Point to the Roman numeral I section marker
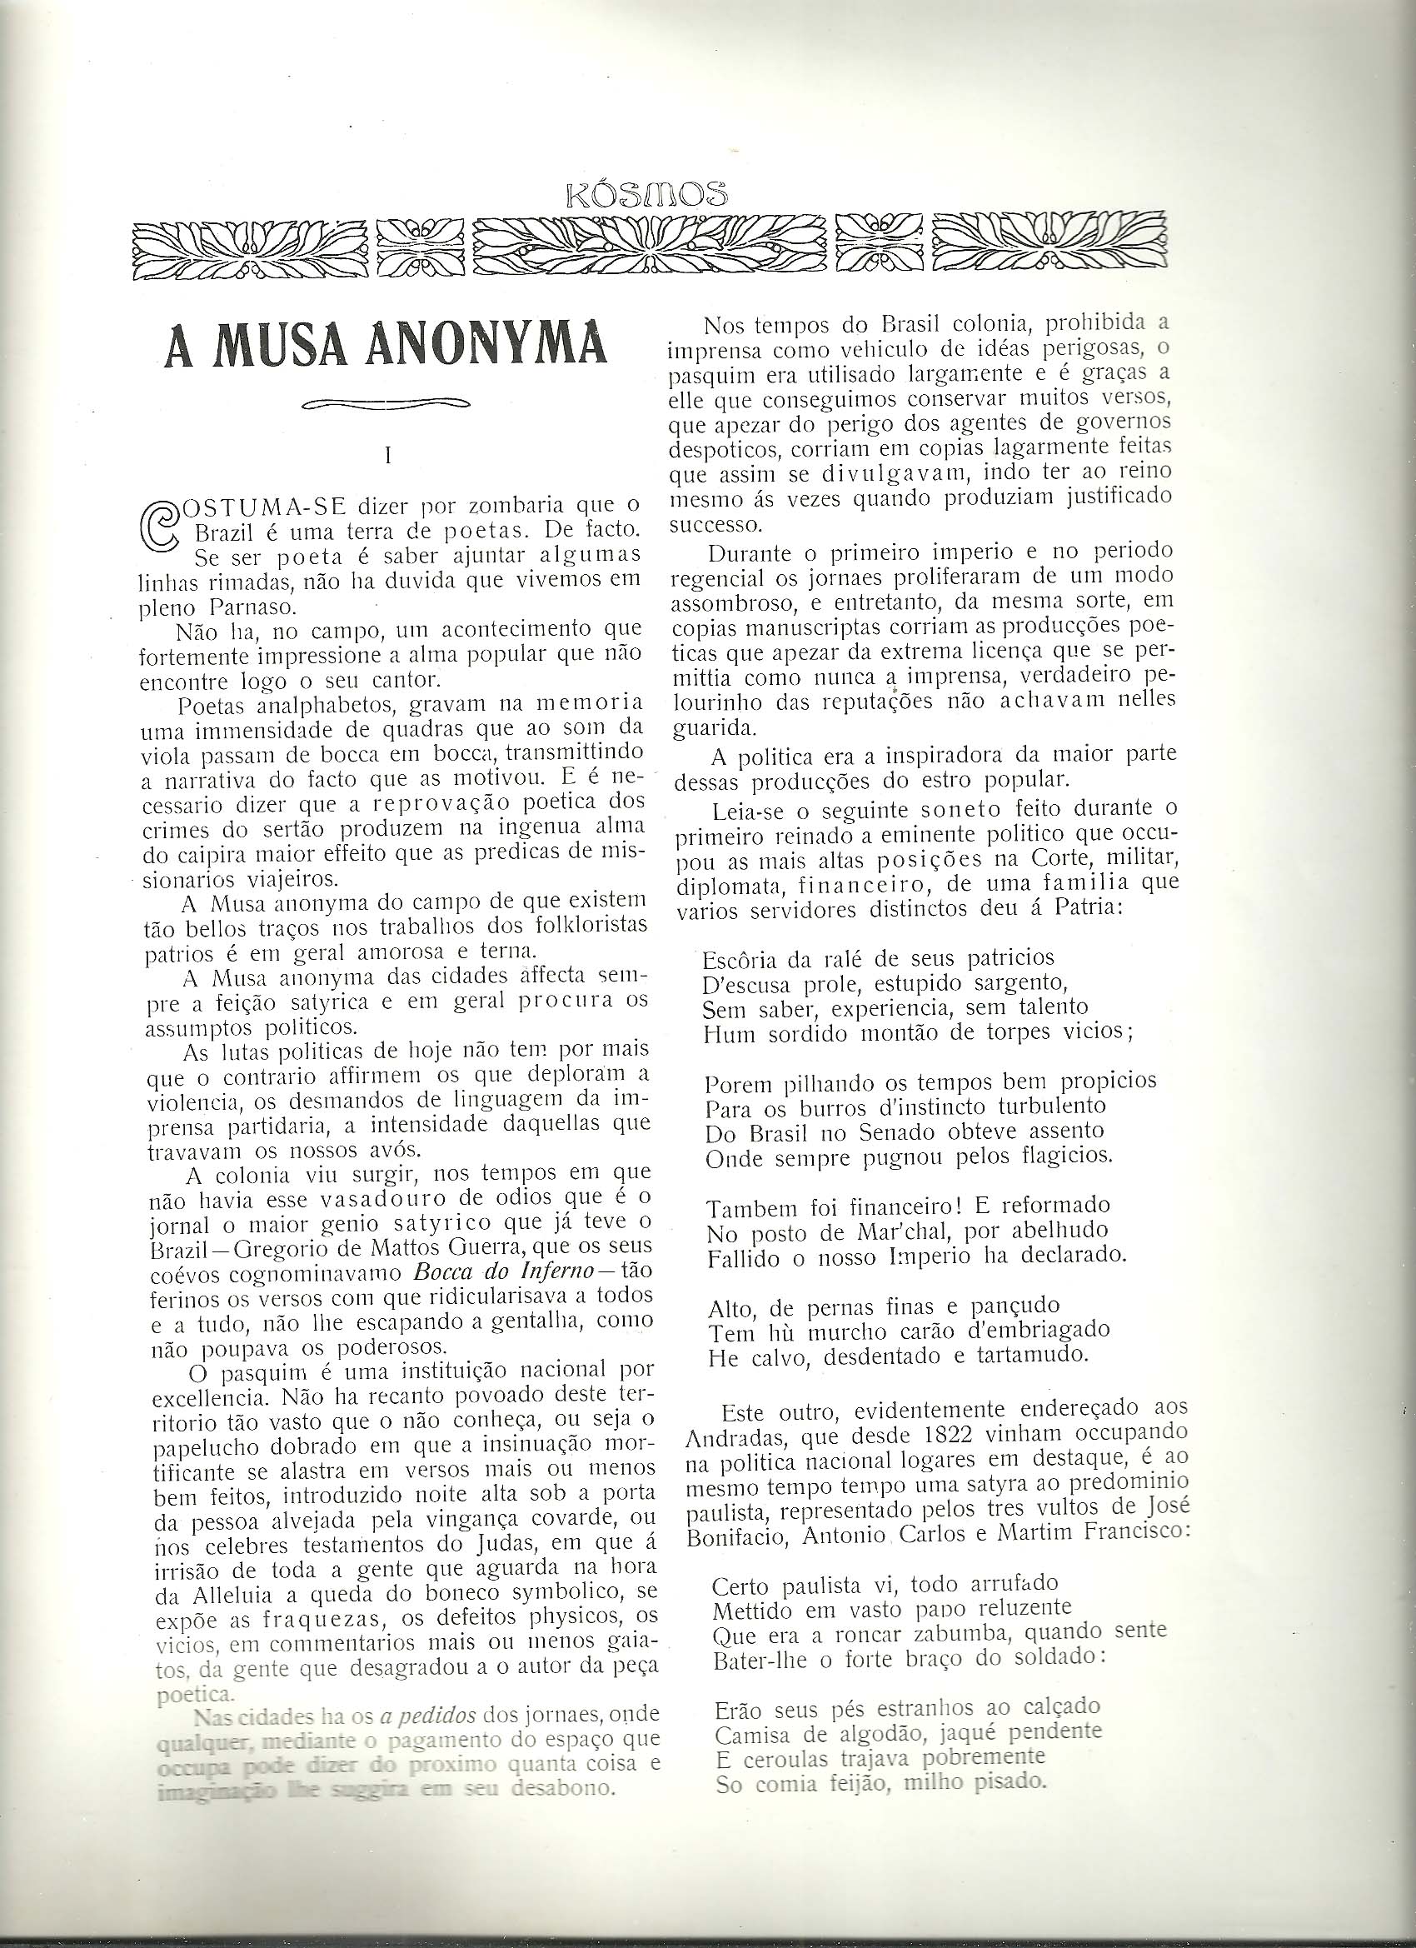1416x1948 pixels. tap(388, 456)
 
